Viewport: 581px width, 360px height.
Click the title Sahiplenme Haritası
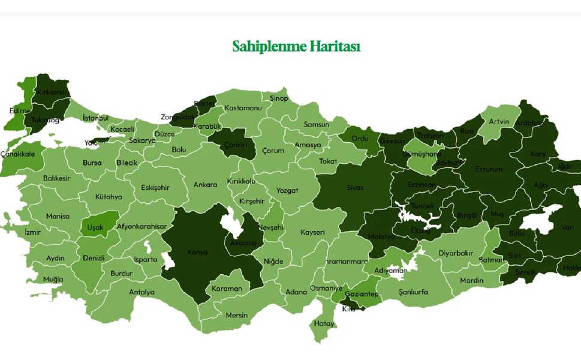coord(296,46)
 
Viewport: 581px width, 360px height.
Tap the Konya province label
coord(197,253)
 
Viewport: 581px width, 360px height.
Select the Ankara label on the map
coord(205,185)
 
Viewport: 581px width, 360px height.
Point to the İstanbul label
coord(95,118)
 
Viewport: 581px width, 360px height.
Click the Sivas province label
coord(355,188)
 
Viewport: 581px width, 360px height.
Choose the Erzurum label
coord(489,169)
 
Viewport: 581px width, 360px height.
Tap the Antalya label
coord(142,292)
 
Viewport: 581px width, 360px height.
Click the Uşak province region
coord(95,227)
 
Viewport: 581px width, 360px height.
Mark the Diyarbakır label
coord(456,253)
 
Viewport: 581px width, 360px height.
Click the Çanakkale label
coord(17,154)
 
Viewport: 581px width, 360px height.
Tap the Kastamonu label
coord(243,108)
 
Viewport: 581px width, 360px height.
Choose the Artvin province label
coord(499,122)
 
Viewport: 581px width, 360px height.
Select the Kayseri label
coord(312,232)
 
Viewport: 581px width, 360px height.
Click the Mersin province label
coord(236,315)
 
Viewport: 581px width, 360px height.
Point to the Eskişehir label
coord(155,187)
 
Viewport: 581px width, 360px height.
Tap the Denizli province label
coord(94,258)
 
